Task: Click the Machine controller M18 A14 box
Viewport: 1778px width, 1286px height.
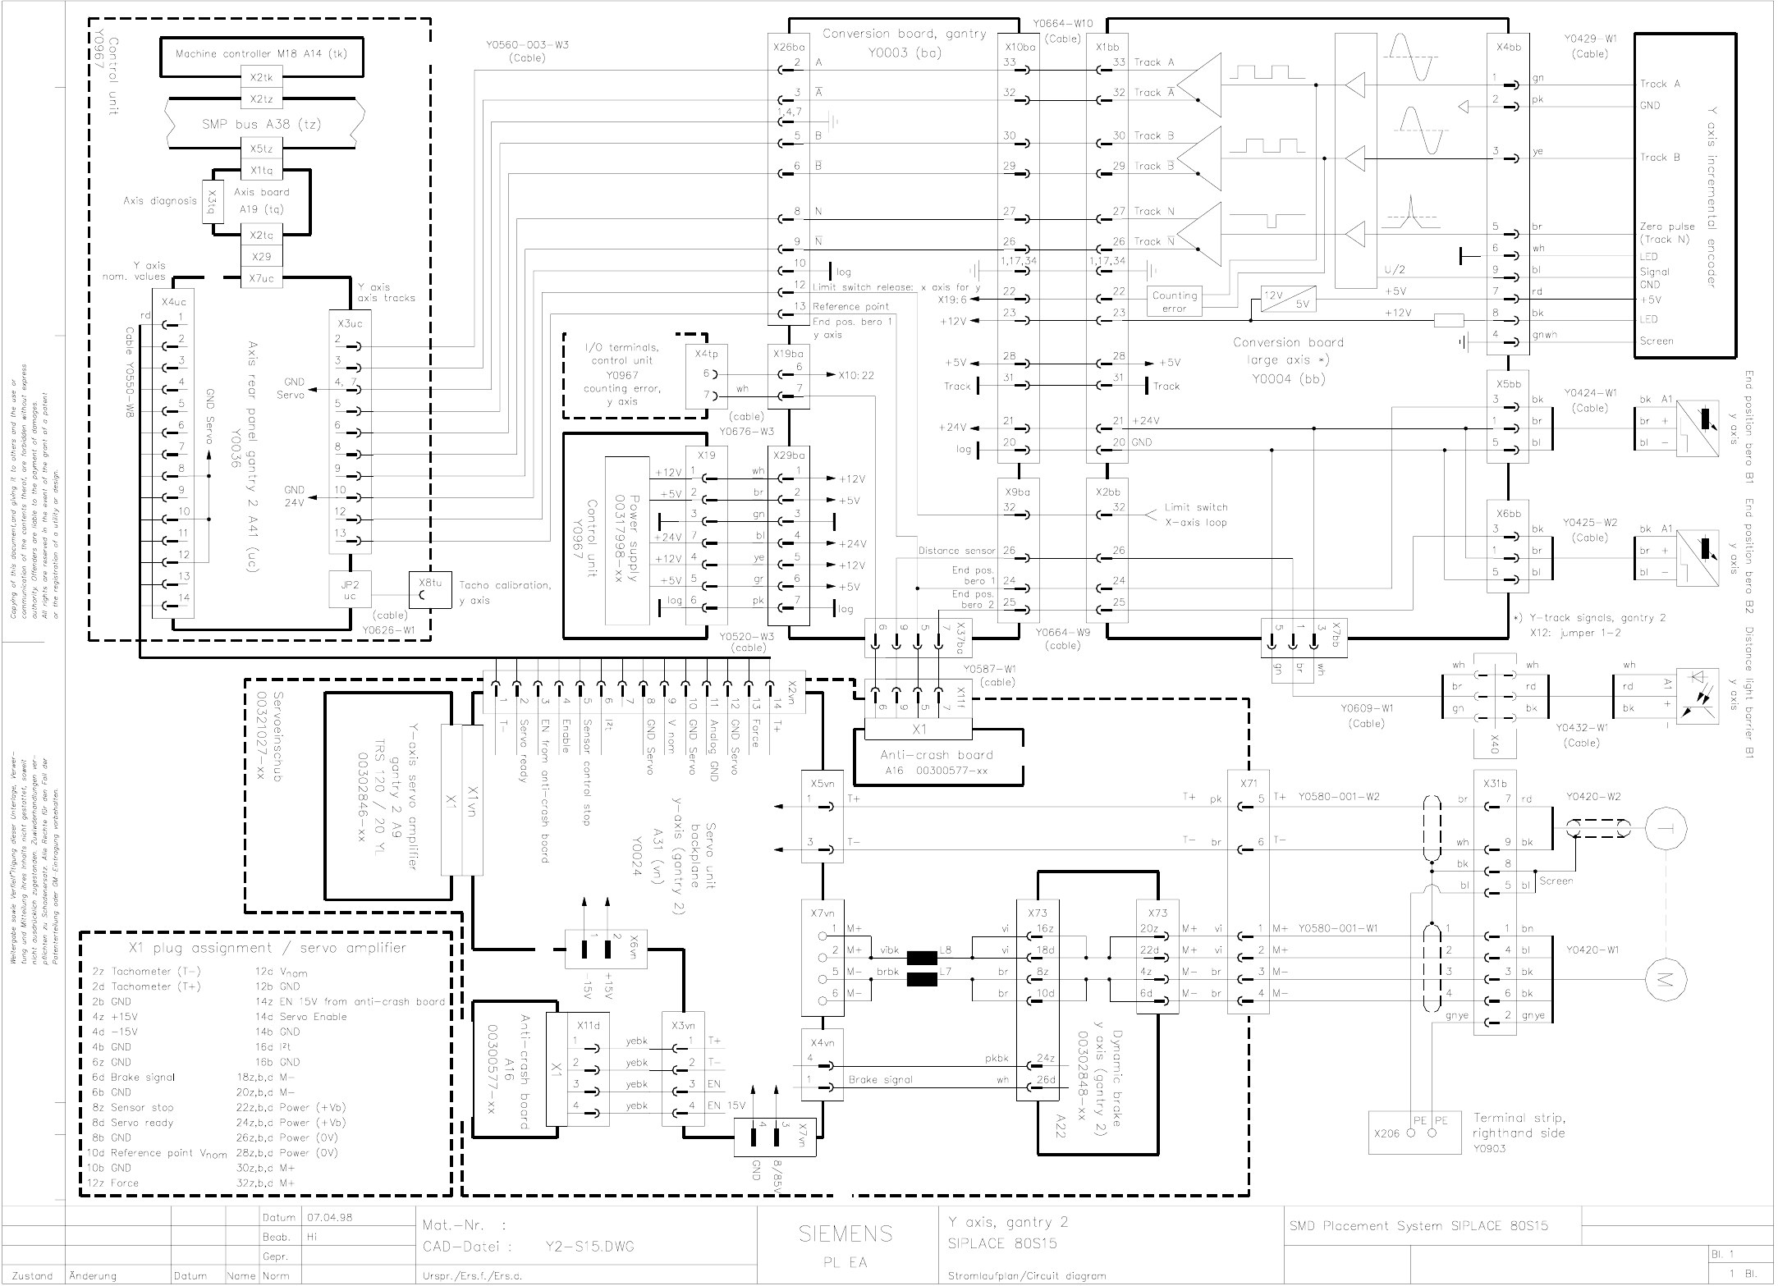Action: point(261,54)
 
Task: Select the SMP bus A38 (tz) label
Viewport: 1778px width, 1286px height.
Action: point(261,124)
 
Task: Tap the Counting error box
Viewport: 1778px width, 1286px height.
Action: point(1175,301)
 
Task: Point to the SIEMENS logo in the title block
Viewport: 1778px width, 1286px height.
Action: point(845,1233)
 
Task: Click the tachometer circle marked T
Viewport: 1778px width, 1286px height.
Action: point(1666,829)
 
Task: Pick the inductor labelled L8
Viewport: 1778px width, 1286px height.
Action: point(922,957)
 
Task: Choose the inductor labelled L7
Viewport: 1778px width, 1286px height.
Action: point(922,979)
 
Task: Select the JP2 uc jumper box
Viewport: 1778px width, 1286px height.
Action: point(351,590)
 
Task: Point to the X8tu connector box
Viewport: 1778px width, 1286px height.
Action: point(431,589)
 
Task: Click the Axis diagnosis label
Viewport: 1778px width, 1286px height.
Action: point(159,200)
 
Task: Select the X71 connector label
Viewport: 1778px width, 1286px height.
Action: point(1249,783)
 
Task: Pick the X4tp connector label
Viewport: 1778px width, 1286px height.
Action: point(705,354)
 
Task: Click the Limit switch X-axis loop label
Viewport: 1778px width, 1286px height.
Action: point(1195,515)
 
